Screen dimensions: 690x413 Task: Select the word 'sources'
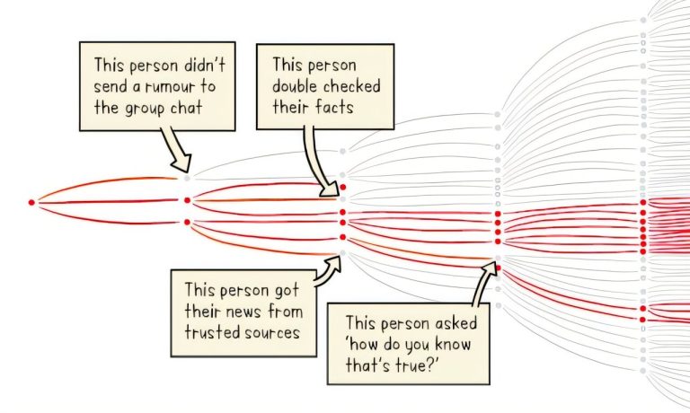coord(272,333)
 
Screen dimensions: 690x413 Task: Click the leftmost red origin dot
coord(31,202)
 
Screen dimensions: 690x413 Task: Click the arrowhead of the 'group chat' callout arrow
coord(182,163)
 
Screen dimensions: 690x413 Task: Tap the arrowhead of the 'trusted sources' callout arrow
coord(334,263)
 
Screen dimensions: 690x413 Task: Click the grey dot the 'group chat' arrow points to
coord(187,178)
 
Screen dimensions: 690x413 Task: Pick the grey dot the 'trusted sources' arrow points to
coord(343,253)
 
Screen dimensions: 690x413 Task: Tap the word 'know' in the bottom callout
coord(453,345)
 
